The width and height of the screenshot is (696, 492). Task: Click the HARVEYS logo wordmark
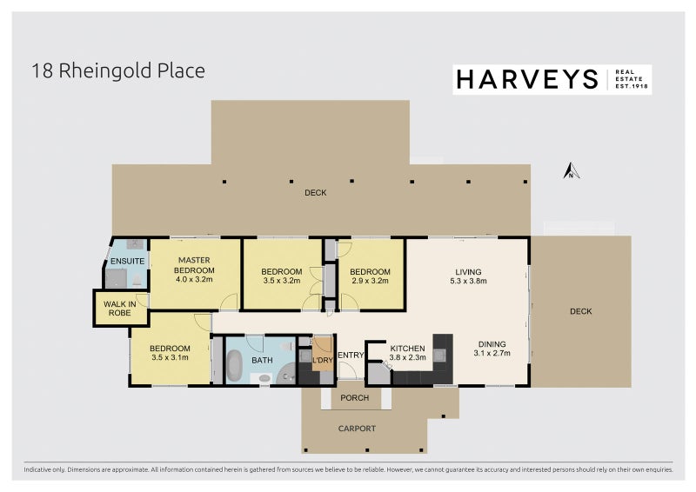click(527, 80)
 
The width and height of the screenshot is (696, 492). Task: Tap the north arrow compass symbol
click(572, 170)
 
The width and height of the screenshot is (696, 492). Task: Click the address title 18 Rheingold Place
click(118, 71)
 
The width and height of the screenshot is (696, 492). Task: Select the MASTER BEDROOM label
click(194, 265)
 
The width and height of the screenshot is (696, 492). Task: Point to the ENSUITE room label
click(127, 262)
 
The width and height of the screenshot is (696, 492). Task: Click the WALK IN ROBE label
click(120, 309)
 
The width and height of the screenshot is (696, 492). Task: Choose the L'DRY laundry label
click(323, 360)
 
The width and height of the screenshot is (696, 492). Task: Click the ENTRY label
click(351, 355)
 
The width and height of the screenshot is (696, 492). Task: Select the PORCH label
click(355, 398)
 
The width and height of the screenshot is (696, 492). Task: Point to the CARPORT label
click(357, 429)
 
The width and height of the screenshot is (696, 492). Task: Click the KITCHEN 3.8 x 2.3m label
click(407, 353)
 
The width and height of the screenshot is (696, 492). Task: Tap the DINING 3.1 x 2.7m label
click(492, 349)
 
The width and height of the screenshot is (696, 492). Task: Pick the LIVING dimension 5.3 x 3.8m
click(468, 281)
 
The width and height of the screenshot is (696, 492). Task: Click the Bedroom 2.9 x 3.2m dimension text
click(370, 281)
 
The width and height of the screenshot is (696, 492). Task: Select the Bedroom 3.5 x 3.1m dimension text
click(170, 357)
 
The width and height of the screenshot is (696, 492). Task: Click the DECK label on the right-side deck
click(580, 311)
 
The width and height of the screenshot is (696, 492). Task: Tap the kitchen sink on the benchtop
click(439, 355)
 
